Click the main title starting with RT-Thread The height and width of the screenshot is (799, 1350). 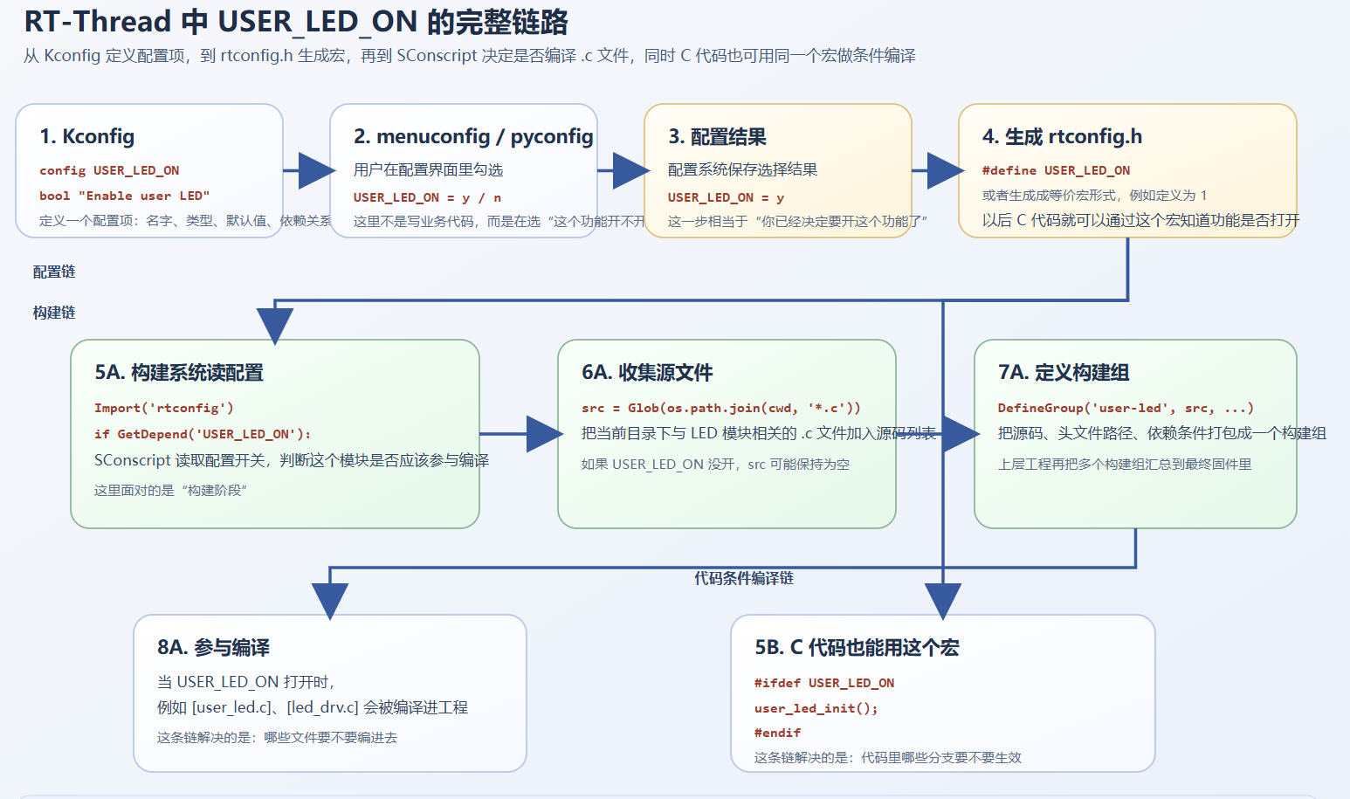pyautogui.click(x=296, y=22)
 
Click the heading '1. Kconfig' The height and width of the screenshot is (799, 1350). pyautogui.click(x=86, y=136)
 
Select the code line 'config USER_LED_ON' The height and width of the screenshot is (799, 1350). pyautogui.click(x=109, y=170)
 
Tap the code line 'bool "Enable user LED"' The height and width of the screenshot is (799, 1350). pyautogui.click(x=124, y=196)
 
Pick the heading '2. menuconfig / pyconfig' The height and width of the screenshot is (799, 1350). pyautogui.click(x=472, y=136)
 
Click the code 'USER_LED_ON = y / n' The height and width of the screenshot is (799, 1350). pyautogui.click(x=427, y=197)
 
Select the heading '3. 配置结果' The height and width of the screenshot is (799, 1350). pyautogui.click(x=717, y=136)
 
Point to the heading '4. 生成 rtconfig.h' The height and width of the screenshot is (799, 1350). pyautogui.click(x=1061, y=136)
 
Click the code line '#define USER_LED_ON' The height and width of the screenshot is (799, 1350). pyautogui.click(x=1056, y=170)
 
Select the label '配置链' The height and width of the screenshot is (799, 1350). pyautogui.click(x=54, y=272)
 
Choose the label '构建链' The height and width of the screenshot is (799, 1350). pyautogui.click(x=54, y=313)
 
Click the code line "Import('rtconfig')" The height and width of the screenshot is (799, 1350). pyautogui.click(x=163, y=408)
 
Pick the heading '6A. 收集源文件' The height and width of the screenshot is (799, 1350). pyautogui.click(x=647, y=372)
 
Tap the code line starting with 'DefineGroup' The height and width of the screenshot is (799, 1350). pyautogui.click(x=1125, y=408)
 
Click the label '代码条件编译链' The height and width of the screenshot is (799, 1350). pyautogui.click(x=744, y=578)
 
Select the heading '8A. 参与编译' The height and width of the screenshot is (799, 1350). pyautogui.click(x=213, y=647)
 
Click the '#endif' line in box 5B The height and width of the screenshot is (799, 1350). pyautogui.click(x=777, y=733)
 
